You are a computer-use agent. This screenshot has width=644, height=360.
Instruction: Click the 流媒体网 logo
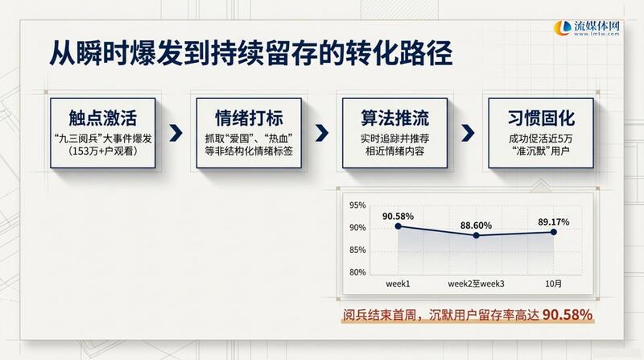tap(587, 28)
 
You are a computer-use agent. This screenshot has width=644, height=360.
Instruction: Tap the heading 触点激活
tap(103, 118)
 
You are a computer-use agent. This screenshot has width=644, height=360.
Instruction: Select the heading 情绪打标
tap(249, 118)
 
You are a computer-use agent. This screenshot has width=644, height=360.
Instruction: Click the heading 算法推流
tap(394, 118)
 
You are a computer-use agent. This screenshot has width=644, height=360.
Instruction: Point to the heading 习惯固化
tap(541, 118)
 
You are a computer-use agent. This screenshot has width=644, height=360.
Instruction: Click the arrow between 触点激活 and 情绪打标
tap(175, 133)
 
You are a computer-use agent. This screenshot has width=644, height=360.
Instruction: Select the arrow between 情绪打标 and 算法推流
tap(322, 133)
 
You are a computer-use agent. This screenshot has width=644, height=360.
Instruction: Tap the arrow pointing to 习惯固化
tap(468, 133)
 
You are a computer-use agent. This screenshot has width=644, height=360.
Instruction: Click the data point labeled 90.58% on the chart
tap(398, 226)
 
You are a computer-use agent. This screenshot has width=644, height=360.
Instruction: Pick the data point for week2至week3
tap(476, 235)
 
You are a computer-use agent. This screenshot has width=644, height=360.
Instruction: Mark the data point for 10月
tap(554, 232)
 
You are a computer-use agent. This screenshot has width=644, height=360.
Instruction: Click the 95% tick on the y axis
tap(357, 205)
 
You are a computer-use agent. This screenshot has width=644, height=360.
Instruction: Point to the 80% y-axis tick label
tap(357, 272)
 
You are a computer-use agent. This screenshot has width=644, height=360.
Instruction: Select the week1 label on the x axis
tap(398, 283)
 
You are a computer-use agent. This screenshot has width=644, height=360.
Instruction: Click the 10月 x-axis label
tap(553, 283)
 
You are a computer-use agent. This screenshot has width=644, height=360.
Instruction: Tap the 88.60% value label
tap(476, 226)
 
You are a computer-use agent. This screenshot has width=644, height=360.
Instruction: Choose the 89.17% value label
tap(554, 222)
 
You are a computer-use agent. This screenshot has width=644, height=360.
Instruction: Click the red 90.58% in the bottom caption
tap(568, 315)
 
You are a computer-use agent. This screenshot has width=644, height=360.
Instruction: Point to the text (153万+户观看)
tap(103, 151)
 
